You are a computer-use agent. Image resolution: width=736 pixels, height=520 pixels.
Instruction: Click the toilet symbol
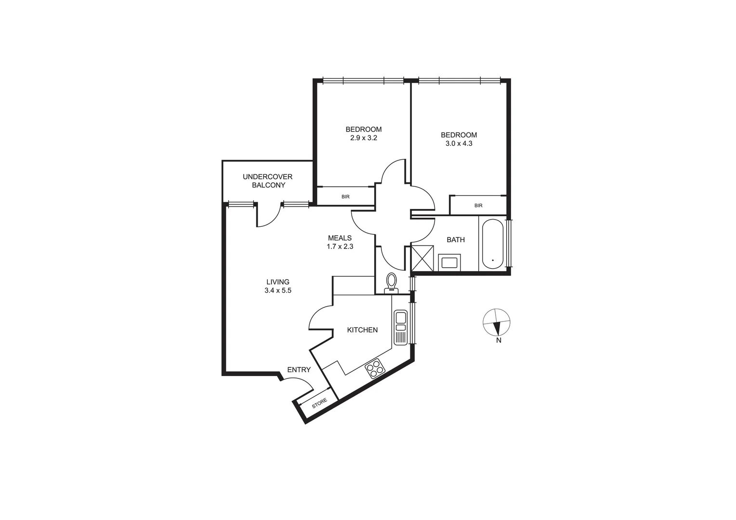(392, 282)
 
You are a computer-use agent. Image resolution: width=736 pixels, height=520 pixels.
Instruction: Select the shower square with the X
(422, 259)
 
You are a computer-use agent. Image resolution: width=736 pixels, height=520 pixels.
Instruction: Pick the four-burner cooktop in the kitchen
(375, 369)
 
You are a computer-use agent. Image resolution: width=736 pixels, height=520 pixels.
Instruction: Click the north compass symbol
(497, 322)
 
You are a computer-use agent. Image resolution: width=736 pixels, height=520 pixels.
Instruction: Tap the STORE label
(319, 403)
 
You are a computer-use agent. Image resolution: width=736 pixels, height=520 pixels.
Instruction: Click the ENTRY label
(299, 370)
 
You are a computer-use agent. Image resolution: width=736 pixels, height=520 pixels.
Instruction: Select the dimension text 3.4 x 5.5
(278, 290)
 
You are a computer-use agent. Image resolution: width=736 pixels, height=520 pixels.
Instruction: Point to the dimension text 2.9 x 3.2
(363, 138)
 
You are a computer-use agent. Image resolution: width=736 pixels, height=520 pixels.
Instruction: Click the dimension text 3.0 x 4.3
(459, 143)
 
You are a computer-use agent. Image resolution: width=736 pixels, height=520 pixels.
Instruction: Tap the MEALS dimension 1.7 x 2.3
(340, 247)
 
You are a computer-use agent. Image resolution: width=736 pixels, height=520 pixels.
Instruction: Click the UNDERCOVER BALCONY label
(267, 181)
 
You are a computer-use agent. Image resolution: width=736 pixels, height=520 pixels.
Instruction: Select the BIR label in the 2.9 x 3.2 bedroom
(345, 196)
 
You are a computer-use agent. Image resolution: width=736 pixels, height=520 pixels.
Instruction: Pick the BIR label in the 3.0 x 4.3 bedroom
(478, 206)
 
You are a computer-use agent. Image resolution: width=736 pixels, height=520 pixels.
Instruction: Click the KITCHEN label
(362, 330)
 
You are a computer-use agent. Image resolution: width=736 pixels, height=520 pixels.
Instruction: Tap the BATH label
(456, 239)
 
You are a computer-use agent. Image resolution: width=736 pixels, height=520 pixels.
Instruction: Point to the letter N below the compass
(499, 340)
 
